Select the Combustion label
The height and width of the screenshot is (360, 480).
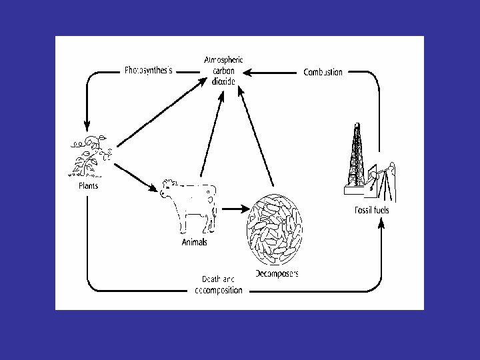[x=323, y=72]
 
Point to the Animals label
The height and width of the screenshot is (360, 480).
[x=194, y=242]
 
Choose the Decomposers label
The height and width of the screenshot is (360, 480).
[x=277, y=273]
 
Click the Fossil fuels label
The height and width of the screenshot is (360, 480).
[x=372, y=211]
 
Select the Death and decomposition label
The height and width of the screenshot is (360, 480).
[x=219, y=285]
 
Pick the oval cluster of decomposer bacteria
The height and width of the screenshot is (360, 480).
[x=274, y=228]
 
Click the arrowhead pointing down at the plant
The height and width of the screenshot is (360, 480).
[x=87, y=125]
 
